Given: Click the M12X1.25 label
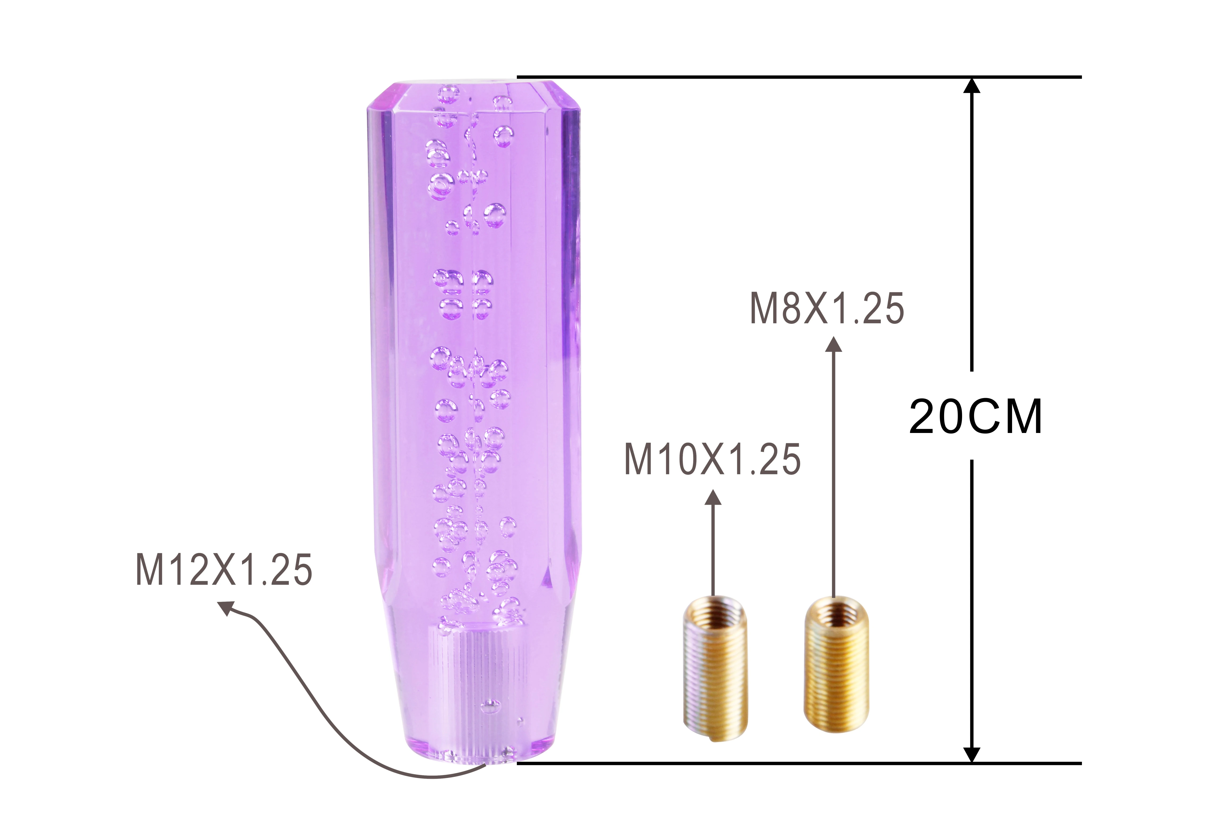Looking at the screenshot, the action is pyautogui.click(x=224, y=570).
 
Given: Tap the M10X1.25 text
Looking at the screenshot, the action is pyautogui.click(x=712, y=459).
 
